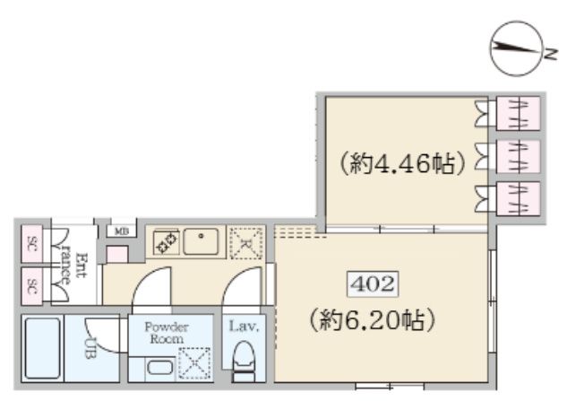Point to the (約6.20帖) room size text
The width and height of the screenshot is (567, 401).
pos(369,318)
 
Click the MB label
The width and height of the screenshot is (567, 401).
pos(120,231)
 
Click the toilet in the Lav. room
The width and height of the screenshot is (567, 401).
pos(243,363)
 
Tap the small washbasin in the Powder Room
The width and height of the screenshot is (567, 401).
pos(159,367)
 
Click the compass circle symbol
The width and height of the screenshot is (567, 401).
pos(514,51)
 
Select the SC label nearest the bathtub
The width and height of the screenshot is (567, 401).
pos(31,287)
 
